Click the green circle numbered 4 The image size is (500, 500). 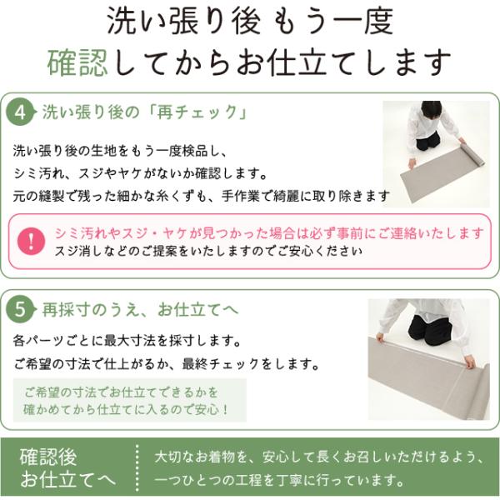point(20,112)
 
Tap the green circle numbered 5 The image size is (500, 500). point(20,310)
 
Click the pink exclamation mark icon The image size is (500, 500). point(32,241)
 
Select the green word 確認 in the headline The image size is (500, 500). point(77,62)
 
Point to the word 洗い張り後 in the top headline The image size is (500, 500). point(183,22)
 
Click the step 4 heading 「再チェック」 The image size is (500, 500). point(198,112)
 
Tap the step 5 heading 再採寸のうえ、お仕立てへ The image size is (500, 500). point(140,310)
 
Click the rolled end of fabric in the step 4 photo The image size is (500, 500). point(472,154)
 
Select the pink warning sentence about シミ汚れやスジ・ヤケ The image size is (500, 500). point(269,233)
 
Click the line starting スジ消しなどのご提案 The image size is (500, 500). point(209,252)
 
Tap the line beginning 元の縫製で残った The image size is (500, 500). point(201,196)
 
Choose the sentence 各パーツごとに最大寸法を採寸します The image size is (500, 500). point(127,341)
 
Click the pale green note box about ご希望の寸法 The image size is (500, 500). point(130,401)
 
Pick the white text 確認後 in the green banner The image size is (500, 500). point(48,457)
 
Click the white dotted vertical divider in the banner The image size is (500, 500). point(137,467)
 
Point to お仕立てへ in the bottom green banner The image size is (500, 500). point(68,479)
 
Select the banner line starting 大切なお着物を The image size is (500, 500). point(319,457)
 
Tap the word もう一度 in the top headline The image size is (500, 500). point(332,22)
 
